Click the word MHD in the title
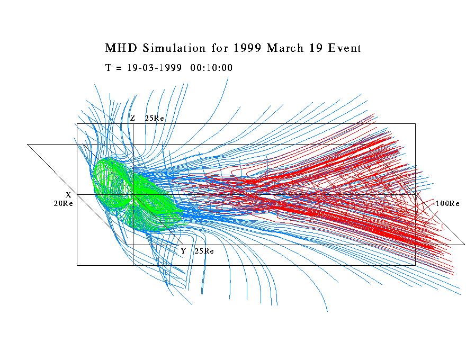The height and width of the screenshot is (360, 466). pyautogui.click(x=119, y=48)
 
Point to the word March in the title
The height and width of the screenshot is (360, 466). pyautogui.click(x=286, y=48)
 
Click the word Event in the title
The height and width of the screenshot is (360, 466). pyautogui.click(x=344, y=48)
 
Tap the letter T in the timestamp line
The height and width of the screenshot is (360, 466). pyautogui.click(x=109, y=68)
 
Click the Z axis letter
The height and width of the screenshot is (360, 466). pyautogui.click(x=132, y=118)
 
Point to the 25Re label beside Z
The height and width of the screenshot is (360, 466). pyautogui.click(x=154, y=118)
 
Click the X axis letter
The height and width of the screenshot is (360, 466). pyautogui.click(x=68, y=195)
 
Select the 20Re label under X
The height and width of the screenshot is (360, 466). pyautogui.click(x=64, y=203)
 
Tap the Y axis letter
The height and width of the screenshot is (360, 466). pyautogui.click(x=183, y=251)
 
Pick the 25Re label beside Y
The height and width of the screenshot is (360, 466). pyautogui.click(x=204, y=251)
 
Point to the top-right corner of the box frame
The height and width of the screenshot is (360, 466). pyautogui.click(x=415, y=124)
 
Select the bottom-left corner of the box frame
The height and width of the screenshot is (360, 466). pyautogui.click(x=77, y=265)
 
